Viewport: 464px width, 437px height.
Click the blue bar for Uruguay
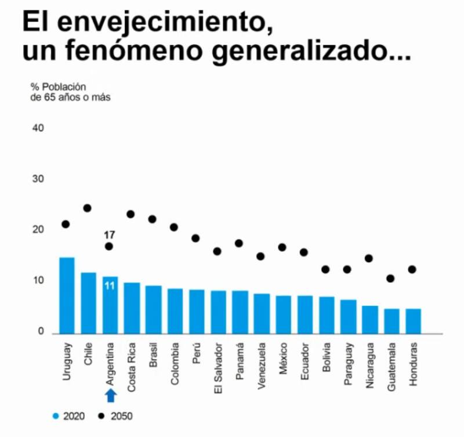(x=67, y=295)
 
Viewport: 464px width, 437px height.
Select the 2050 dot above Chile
(x=88, y=208)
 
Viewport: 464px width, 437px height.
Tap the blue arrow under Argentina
(x=111, y=395)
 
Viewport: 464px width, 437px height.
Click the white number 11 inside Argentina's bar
(x=110, y=286)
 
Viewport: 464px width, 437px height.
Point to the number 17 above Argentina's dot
(x=109, y=235)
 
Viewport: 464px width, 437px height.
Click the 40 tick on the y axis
(x=38, y=128)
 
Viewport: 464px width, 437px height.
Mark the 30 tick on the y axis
(x=38, y=179)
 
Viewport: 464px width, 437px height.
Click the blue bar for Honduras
(x=413, y=321)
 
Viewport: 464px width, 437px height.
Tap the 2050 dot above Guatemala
(x=391, y=279)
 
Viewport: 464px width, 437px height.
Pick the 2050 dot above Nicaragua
(x=369, y=258)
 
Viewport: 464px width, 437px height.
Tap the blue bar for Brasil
(x=153, y=309)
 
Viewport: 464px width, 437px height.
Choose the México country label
(x=282, y=359)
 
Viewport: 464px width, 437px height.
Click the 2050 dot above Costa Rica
(x=130, y=214)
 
